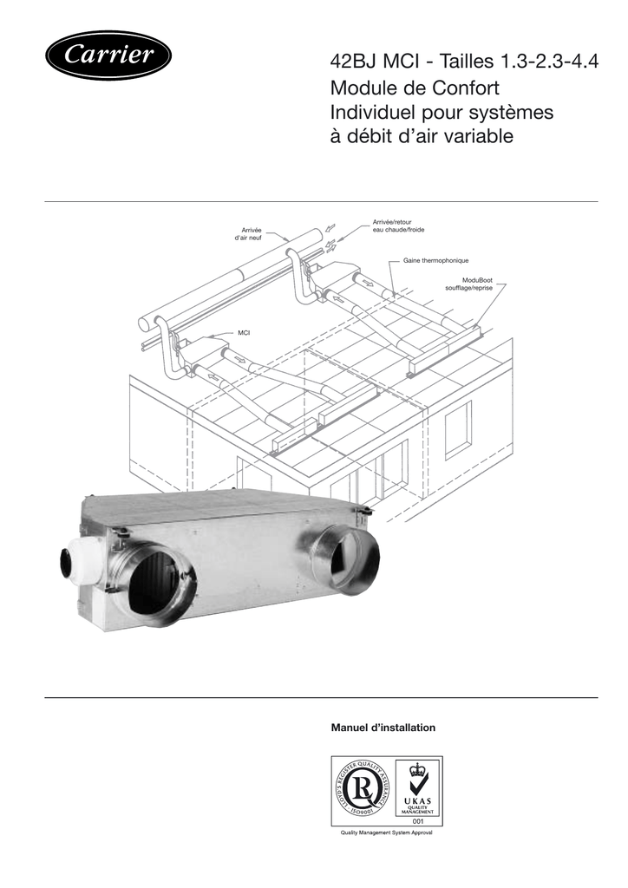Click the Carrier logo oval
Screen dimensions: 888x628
[108, 56]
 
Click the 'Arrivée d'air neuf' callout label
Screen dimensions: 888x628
[248, 233]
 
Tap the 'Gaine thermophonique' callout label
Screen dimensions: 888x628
[435, 260]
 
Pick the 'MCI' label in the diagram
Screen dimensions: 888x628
[244, 333]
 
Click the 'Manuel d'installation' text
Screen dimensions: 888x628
[383, 727]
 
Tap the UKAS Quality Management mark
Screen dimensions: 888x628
[416, 789]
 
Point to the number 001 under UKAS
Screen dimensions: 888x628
[416, 820]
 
